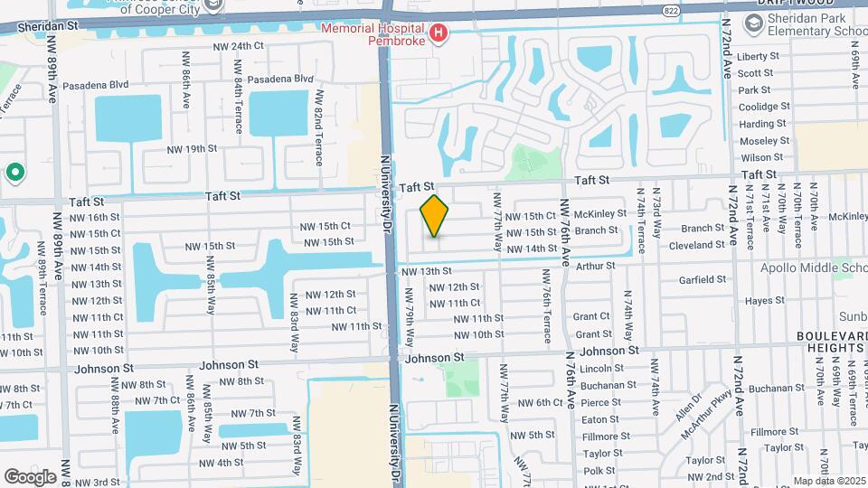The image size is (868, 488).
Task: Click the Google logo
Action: tap(30, 476)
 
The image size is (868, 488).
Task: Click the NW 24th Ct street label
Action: tap(238, 46)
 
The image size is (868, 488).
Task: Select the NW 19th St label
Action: tap(192, 148)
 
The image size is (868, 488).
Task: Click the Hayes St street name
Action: tap(764, 300)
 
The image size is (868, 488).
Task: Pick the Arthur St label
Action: tap(595, 267)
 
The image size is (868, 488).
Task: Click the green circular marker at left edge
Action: tap(14, 172)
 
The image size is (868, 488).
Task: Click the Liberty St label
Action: tap(757, 56)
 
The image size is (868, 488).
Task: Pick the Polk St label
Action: tap(599, 471)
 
